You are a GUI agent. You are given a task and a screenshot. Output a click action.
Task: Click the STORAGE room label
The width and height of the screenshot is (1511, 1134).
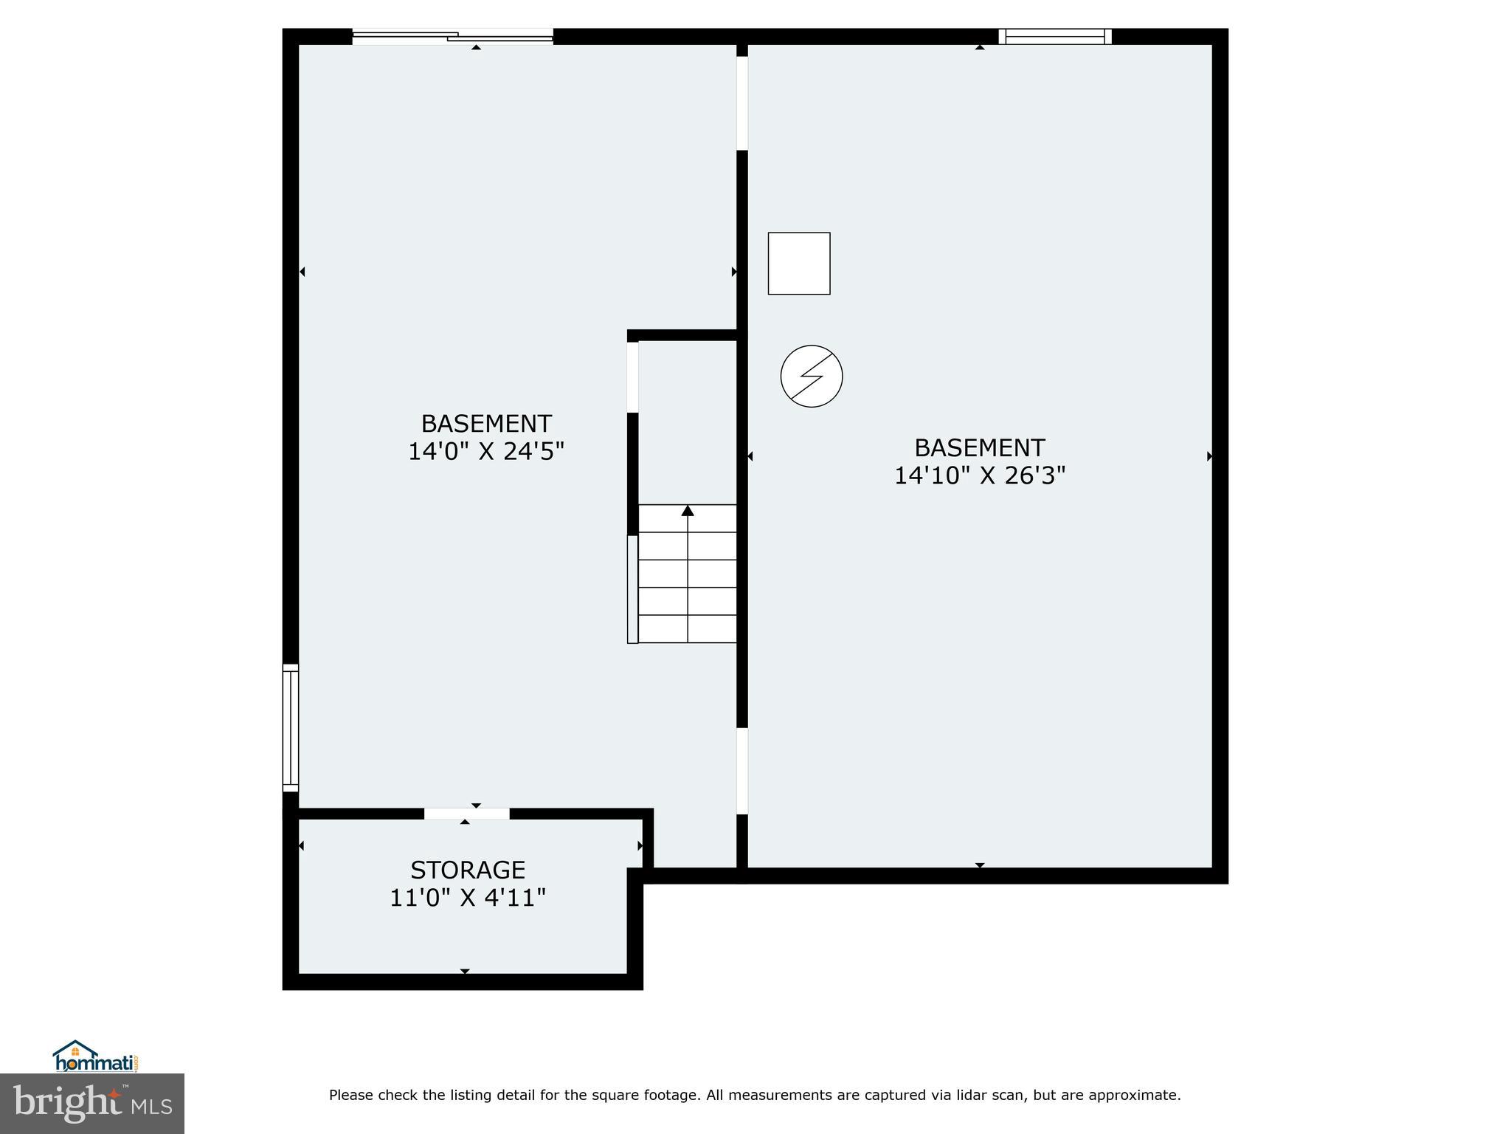tap(468, 870)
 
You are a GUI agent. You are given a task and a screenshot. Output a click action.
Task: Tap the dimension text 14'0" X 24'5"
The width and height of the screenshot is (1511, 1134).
tap(486, 451)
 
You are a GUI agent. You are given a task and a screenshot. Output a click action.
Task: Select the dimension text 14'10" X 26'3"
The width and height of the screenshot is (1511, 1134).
tap(980, 475)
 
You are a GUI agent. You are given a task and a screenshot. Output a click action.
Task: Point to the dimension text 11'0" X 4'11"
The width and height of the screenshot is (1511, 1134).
tap(468, 898)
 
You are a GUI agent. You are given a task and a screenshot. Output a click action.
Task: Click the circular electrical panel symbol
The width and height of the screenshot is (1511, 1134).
tap(812, 376)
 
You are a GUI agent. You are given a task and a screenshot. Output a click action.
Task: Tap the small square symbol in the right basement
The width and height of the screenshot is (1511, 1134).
tap(799, 264)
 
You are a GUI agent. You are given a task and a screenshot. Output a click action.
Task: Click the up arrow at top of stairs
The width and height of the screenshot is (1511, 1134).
tap(688, 511)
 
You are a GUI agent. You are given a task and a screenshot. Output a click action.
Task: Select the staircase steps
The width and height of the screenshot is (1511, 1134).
tap(687, 574)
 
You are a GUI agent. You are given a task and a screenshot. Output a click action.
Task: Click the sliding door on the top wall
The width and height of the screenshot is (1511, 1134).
tap(452, 36)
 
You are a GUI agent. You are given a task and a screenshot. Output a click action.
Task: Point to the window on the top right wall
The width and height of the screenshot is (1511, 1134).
tap(1055, 36)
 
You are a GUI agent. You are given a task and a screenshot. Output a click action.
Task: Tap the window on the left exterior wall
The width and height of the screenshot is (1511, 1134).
tap(291, 727)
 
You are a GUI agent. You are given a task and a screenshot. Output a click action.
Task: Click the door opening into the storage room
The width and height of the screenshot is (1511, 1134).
tap(466, 814)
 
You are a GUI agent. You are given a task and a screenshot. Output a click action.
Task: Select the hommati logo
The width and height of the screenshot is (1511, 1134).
tap(95, 1057)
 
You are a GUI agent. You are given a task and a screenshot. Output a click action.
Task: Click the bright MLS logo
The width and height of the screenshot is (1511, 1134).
tap(91, 1103)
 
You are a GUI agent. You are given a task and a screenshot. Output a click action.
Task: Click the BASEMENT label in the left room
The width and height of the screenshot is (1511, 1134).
tap(486, 424)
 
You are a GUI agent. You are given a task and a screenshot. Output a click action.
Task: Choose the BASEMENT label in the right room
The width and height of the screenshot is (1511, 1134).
tap(980, 448)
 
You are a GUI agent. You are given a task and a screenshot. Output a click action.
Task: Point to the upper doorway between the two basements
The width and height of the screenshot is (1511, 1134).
tap(742, 103)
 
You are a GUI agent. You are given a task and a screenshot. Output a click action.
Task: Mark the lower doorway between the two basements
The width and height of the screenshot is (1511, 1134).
tap(742, 771)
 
